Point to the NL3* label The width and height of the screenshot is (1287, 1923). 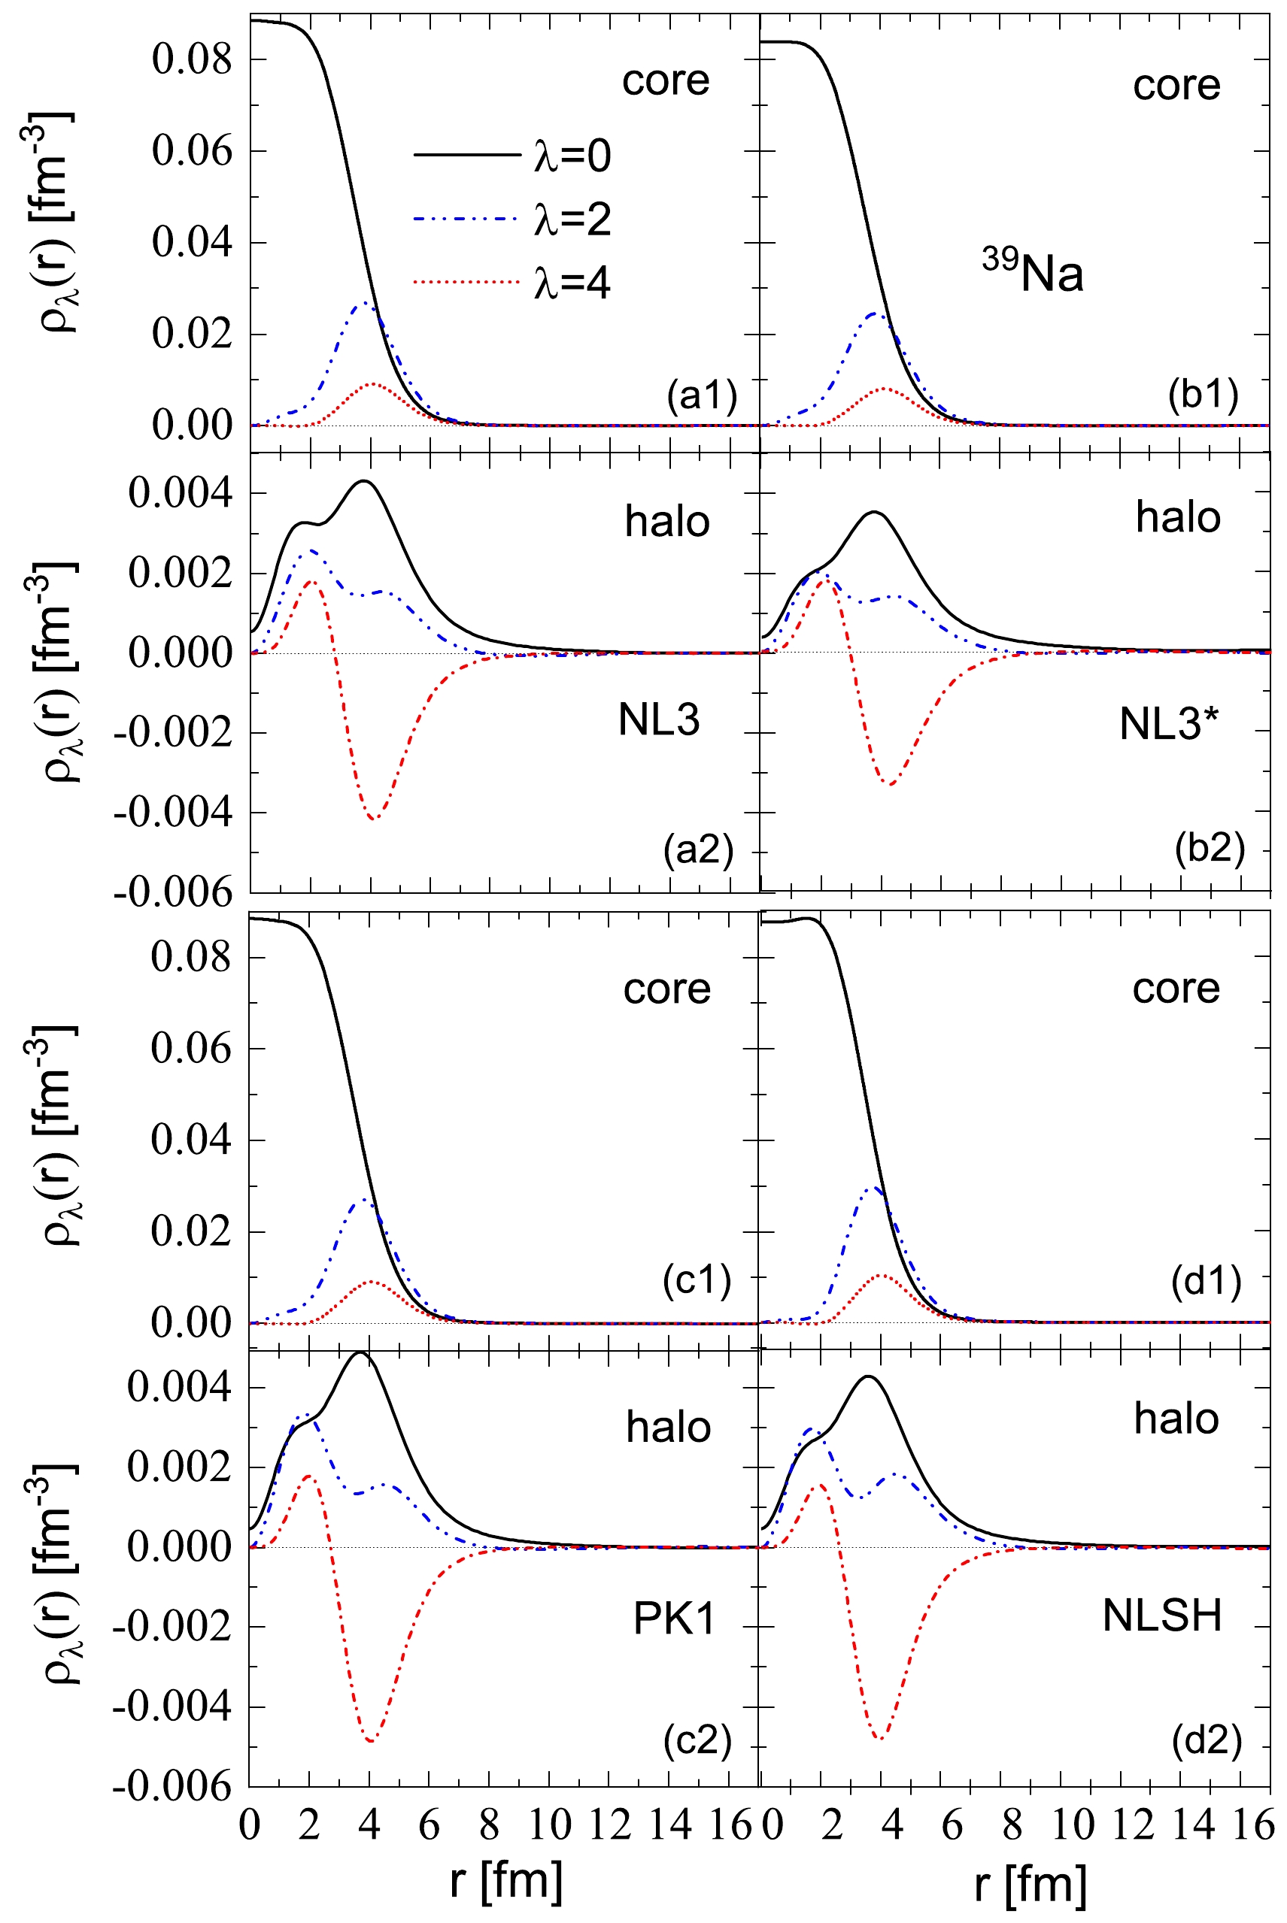tap(1169, 724)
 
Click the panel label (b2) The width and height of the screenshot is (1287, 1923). tap(1209, 847)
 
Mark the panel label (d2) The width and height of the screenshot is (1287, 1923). tap(1206, 1740)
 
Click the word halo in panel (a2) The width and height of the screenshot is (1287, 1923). tap(667, 522)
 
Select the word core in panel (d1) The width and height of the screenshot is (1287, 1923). tap(1176, 989)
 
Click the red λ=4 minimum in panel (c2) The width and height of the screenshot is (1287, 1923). tap(372, 1741)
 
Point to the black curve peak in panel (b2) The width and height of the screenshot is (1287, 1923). tap(874, 512)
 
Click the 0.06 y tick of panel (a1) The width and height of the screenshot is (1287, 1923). tap(192, 151)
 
